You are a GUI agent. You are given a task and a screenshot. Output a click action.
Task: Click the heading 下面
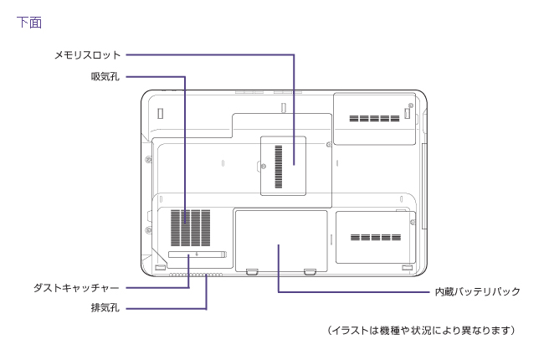pyautogui.click(x=28, y=23)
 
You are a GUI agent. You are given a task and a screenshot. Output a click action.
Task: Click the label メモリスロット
pyautogui.click(x=87, y=55)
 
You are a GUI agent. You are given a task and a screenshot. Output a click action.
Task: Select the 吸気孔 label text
pyautogui.click(x=105, y=77)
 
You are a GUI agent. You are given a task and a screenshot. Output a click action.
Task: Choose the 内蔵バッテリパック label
pyautogui.click(x=477, y=291)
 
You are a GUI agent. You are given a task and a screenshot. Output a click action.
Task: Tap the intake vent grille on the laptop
pyautogui.click(x=191, y=227)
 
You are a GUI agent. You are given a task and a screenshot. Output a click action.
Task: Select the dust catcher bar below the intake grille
pyautogui.click(x=197, y=254)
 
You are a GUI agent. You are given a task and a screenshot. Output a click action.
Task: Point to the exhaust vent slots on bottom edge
pyautogui.click(x=196, y=274)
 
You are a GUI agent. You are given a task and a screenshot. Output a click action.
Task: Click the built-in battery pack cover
pyautogui.click(x=280, y=240)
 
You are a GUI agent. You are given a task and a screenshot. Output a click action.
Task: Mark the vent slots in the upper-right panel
pyautogui.click(x=374, y=119)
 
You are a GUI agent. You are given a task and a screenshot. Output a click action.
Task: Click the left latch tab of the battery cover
pyautogui.click(x=252, y=270)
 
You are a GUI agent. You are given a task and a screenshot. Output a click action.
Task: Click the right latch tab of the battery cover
pyautogui.click(x=310, y=270)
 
